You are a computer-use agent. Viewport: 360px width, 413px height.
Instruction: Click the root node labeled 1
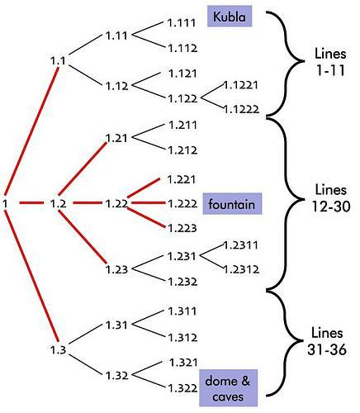5,204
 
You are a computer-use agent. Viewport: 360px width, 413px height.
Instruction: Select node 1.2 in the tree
59,204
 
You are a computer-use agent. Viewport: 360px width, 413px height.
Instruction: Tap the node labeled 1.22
116,204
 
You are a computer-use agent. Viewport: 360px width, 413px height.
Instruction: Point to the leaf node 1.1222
241,110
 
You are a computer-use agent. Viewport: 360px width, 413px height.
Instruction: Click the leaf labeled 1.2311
241,245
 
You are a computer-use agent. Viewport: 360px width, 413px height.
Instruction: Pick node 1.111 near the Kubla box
182,23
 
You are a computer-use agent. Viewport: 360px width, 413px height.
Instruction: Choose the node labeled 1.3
59,350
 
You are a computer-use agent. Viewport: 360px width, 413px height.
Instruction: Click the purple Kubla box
230,17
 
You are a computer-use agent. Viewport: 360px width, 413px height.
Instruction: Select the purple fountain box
232,204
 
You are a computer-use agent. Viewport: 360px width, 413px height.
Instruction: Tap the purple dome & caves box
228,387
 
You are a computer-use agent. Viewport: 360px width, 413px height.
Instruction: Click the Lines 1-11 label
330,62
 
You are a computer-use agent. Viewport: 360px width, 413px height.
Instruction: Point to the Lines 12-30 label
331,198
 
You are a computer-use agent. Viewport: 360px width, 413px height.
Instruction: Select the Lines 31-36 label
327,341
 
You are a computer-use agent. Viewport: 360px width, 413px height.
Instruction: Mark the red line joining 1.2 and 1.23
83,237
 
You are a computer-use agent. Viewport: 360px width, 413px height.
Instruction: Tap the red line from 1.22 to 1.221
144,188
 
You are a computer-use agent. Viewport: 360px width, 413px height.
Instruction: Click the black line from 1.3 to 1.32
86,364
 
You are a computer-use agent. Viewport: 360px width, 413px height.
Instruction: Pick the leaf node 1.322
182,388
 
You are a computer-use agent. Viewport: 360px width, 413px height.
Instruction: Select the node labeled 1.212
182,150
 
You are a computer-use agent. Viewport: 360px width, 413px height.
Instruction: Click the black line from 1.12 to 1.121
146,79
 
